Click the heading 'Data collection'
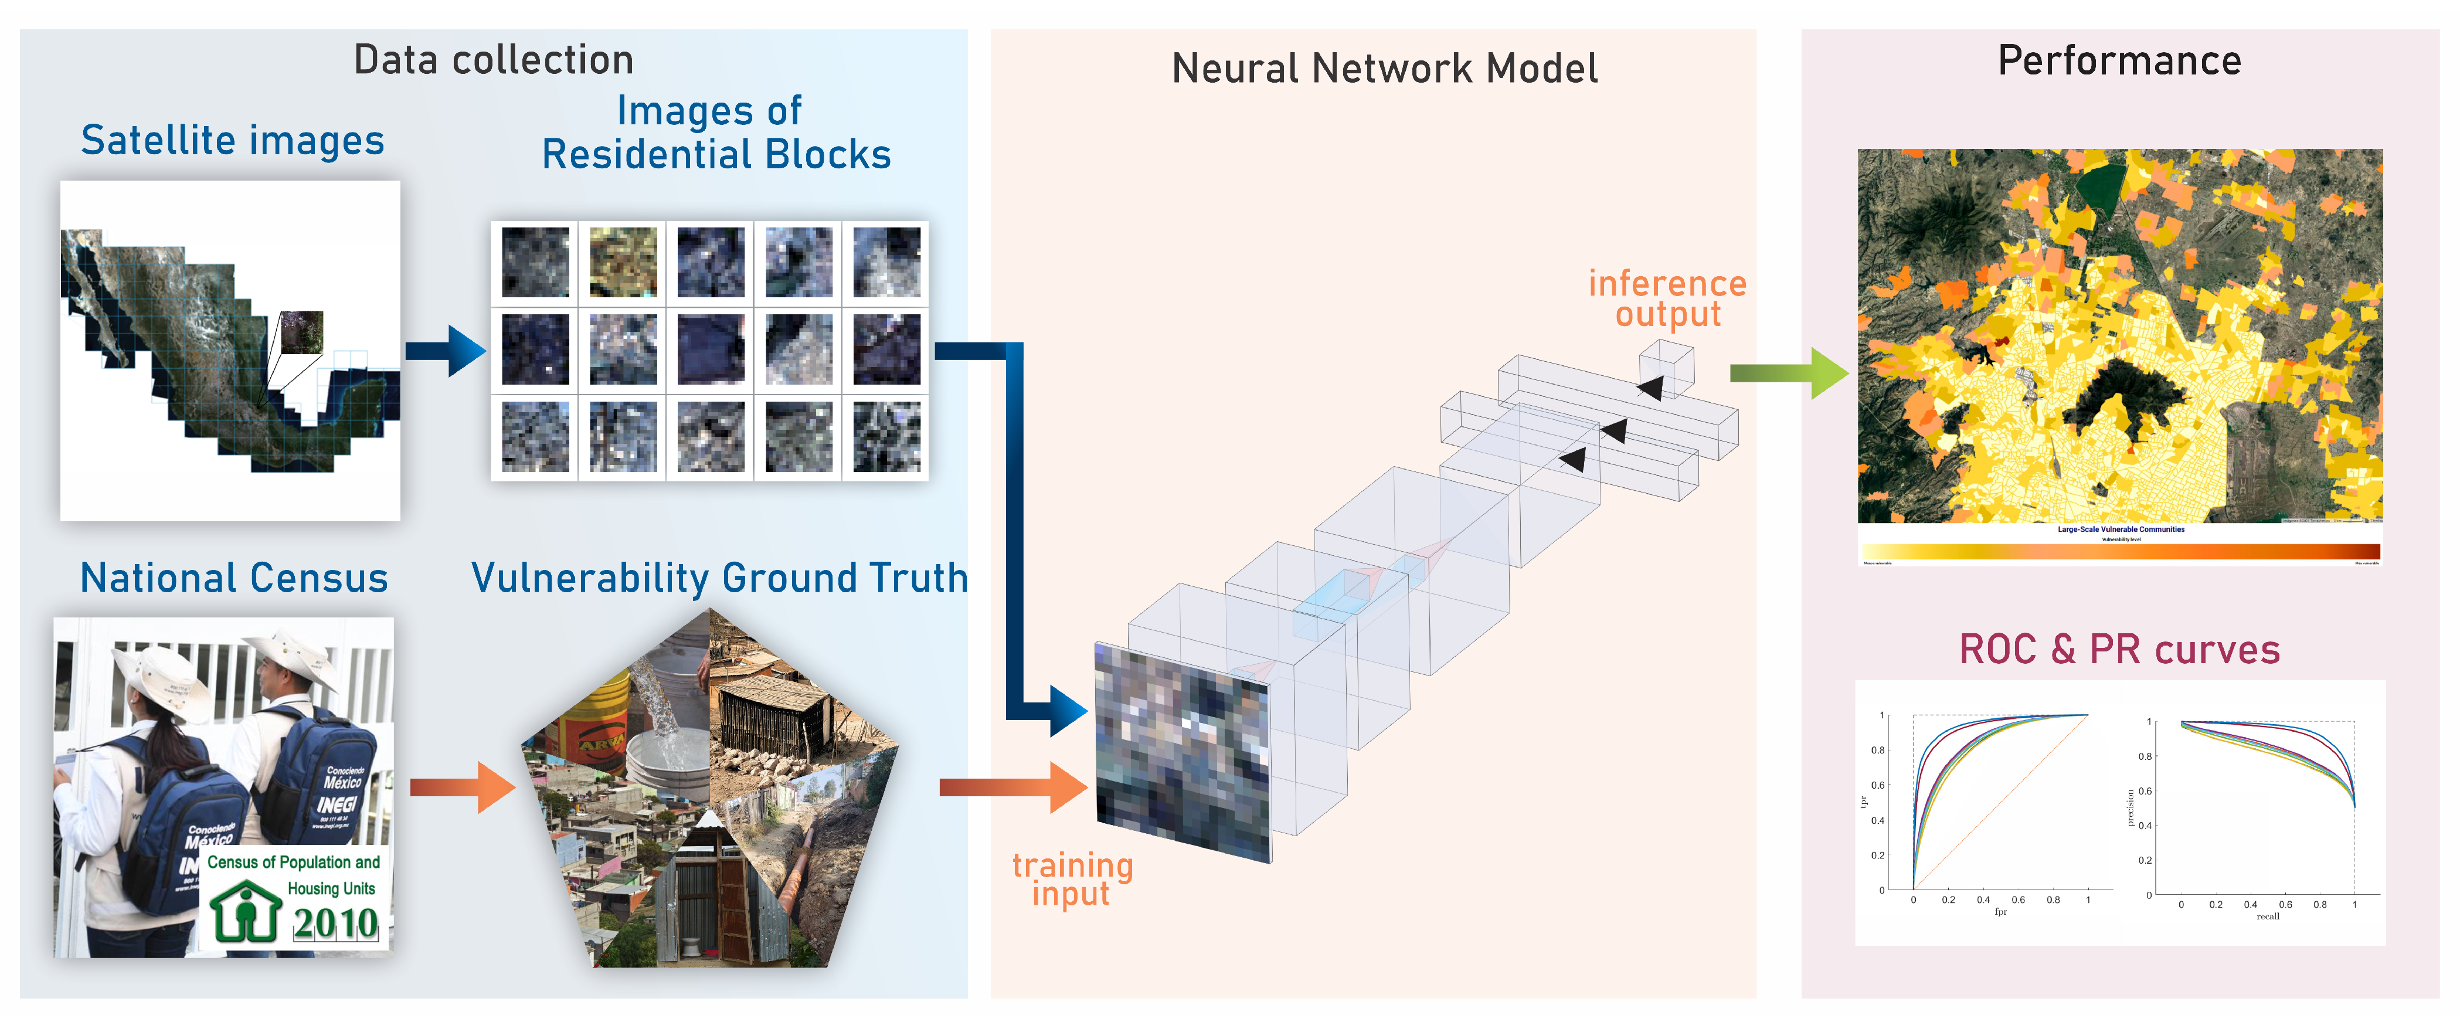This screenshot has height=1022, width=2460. pyautogui.click(x=493, y=60)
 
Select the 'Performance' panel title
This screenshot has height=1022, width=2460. pyautogui.click(x=2119, y=61)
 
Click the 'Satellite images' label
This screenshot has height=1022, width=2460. pyautogui.click(x=232, y=140)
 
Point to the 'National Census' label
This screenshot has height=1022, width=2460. pyautogui.click(x=234, y=578)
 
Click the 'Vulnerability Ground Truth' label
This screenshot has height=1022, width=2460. pyautogui.click(x=719, y=578)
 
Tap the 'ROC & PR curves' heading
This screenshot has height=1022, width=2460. pyautogui.click(x=2119, y=650)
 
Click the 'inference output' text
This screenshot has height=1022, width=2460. pyautogui.click(x=1667, y=298)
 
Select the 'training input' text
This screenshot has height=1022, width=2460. pyautogui.click(x=1072, y=879)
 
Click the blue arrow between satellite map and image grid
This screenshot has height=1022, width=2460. pyautogui.click(x=446, y=351)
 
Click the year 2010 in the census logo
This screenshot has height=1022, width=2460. pyautogui.click(x=335, y=923)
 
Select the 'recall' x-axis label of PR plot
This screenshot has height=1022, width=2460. pyautogui.click(x=2267, y=916)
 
